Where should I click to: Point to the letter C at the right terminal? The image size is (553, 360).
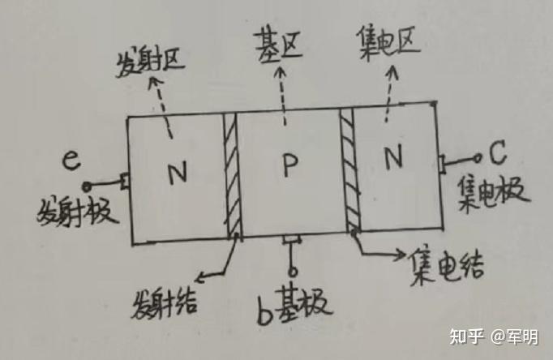click(x=498, y=153)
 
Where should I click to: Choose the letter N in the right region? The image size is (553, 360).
click(x=394, y=159)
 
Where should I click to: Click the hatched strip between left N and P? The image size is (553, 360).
click(x=233, y=174)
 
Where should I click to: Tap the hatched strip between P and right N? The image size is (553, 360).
click(x=349, y=170)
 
